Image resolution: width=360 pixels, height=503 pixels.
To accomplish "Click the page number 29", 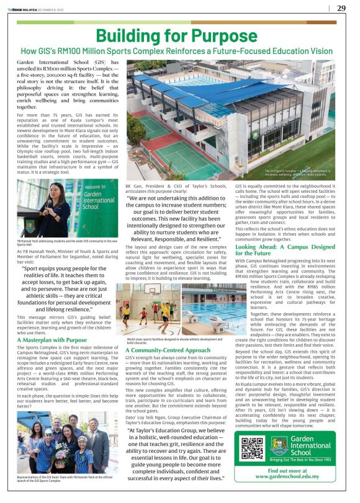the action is [x=341, y=8].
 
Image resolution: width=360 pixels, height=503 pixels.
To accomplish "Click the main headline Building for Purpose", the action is [x=179, y=35].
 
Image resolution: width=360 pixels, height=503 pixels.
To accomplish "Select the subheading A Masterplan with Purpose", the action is [x=52, y=340].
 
